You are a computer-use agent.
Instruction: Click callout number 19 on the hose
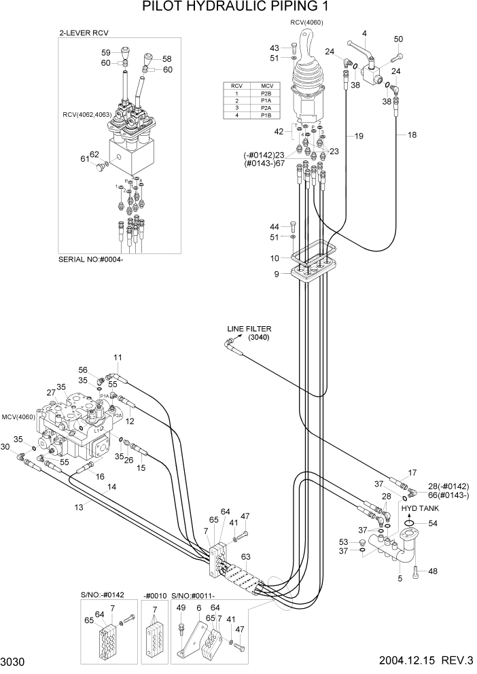359,137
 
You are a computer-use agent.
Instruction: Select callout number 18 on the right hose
412,135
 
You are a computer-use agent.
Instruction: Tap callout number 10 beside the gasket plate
275,258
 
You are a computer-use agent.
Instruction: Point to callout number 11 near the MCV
118,357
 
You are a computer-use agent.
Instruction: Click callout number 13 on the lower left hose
79,507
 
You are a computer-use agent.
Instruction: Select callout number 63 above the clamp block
246,556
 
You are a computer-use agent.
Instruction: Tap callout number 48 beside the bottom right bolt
433,571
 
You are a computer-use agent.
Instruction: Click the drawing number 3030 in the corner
13,662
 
